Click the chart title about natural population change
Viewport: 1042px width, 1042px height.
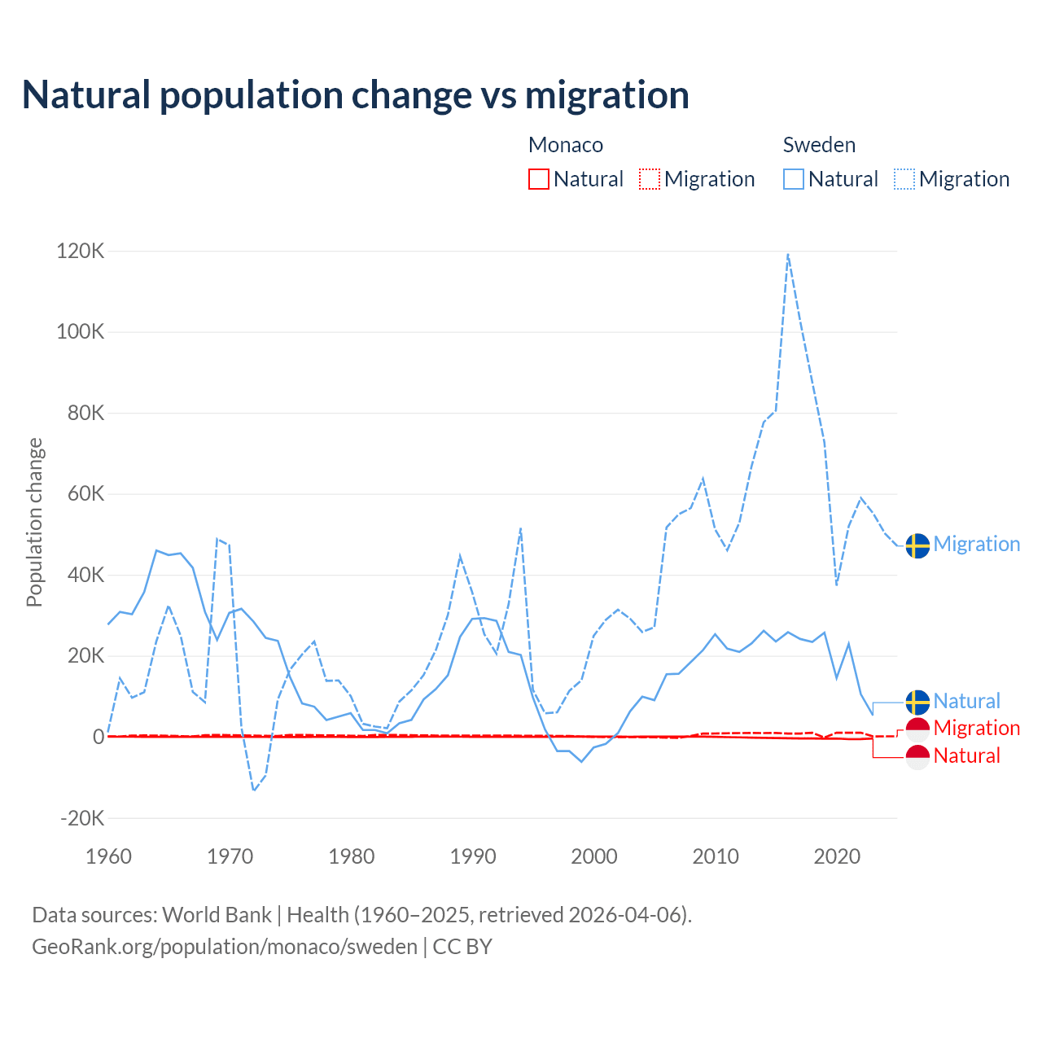356,95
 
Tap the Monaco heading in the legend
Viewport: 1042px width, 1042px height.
566,145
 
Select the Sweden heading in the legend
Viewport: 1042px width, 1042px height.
819,145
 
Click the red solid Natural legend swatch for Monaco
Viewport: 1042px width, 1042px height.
539,179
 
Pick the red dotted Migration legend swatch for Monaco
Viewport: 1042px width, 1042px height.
650,179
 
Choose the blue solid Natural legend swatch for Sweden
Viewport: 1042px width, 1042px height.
794,179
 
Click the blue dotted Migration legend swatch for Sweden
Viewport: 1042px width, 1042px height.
904,179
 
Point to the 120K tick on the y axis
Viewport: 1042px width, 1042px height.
81,251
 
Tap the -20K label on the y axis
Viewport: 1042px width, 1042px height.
82,818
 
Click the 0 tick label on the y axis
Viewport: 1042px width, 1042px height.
99,737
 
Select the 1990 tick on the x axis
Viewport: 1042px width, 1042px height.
473,856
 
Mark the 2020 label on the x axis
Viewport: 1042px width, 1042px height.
837,856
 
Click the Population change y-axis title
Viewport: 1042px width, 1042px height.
34,522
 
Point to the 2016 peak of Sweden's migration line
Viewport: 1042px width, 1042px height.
788,254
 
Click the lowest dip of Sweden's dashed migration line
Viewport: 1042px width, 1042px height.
254,790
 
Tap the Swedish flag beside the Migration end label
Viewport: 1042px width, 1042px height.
917,545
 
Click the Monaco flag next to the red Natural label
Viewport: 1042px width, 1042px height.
917,757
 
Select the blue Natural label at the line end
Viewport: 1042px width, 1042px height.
966,701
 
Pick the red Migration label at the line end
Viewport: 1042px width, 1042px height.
976,728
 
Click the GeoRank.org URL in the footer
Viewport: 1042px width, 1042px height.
225,947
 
